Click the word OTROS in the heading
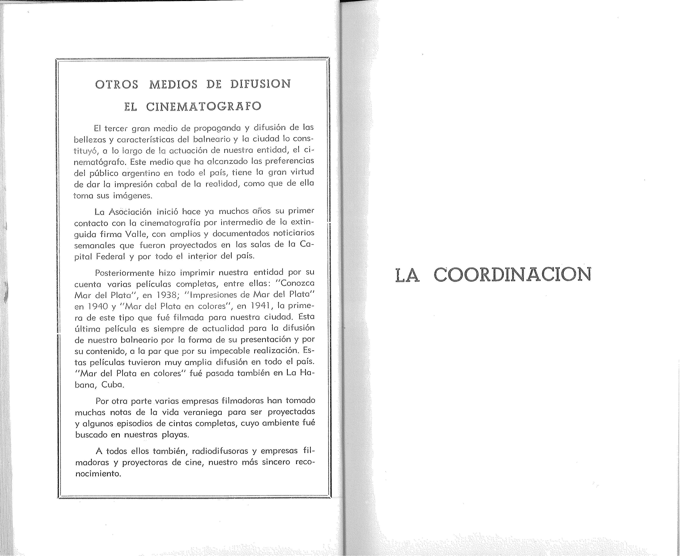pyautogui.click(x=117, y=84)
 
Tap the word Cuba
pyautogui.click(x=113, y=385)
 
